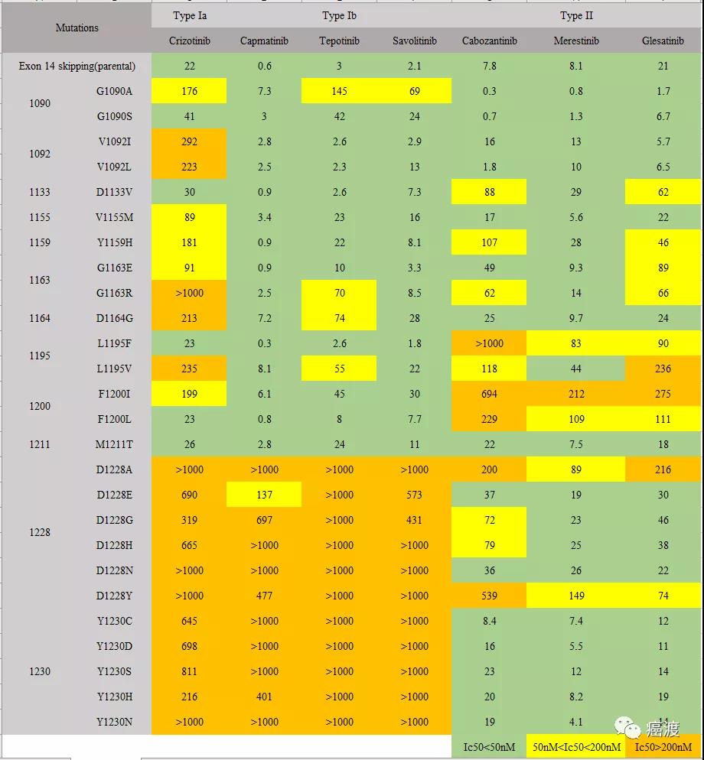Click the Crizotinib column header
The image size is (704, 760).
coord(189,41)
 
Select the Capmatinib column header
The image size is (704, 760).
coord(264,41)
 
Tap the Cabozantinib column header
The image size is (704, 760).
coord(490,41)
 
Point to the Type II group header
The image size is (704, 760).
coord(576,15)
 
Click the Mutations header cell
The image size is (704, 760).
coord(77,28)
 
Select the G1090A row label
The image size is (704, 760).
coord(114,91)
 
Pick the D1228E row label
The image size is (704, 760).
coord(114,495)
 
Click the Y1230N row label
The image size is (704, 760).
coord(114,722)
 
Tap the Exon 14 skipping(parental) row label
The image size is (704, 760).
coord(77,66)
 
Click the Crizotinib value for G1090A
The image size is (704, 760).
coord(189,91)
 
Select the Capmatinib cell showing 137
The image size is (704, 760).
coord(264,495)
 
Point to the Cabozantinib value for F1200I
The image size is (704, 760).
coord(490,394)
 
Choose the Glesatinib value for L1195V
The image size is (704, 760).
coord(663,369)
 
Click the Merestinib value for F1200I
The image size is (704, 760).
coord(576,394)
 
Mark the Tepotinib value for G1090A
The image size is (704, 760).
coord(339,91)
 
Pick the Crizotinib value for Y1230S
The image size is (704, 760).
coord(189,671)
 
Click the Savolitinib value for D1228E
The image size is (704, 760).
coord(414,495)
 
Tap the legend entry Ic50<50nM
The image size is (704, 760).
coord(490,746)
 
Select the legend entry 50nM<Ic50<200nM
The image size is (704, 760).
coord(576,746)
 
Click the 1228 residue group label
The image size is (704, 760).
coord(40,532)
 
